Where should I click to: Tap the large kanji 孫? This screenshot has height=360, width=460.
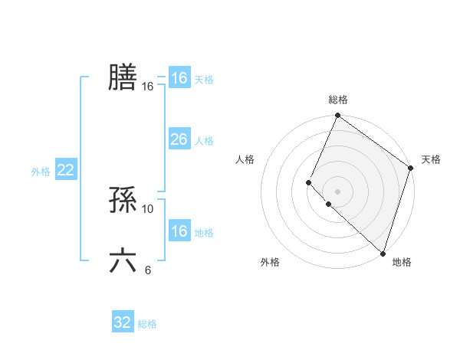[x=123, y=201]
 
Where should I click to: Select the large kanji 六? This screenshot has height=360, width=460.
[x=123, y=261]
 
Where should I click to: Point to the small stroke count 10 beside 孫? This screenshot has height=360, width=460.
[x=148, y=208]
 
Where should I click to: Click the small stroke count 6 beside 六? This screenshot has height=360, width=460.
[x=148, y=270]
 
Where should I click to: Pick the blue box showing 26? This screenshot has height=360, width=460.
[x=179, y=140]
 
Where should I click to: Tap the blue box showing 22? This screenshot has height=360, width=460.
[x=65, y=171]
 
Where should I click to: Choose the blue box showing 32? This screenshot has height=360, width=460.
[x=123, y=322]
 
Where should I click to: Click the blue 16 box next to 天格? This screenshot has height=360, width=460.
[x=179, y=78]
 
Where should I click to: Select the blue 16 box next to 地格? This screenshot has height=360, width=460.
[x=179, y=231]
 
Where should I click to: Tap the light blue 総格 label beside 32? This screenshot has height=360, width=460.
[x=147, y=324]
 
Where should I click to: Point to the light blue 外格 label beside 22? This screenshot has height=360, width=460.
[x=41, y=172]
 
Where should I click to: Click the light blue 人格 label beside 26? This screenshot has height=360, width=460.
[x=204, y=141]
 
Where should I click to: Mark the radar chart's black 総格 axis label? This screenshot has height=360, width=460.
[x=338, y=100]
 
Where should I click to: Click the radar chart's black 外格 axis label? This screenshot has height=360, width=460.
[x=270, y=262]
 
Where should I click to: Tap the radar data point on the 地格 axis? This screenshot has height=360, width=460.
[x=382, y=252]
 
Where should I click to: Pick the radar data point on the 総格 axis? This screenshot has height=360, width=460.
[x=337, y=116]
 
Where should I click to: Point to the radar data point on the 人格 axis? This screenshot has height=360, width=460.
[x=308, y=182]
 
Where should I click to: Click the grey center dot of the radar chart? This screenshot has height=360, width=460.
[x=337, y=191]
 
